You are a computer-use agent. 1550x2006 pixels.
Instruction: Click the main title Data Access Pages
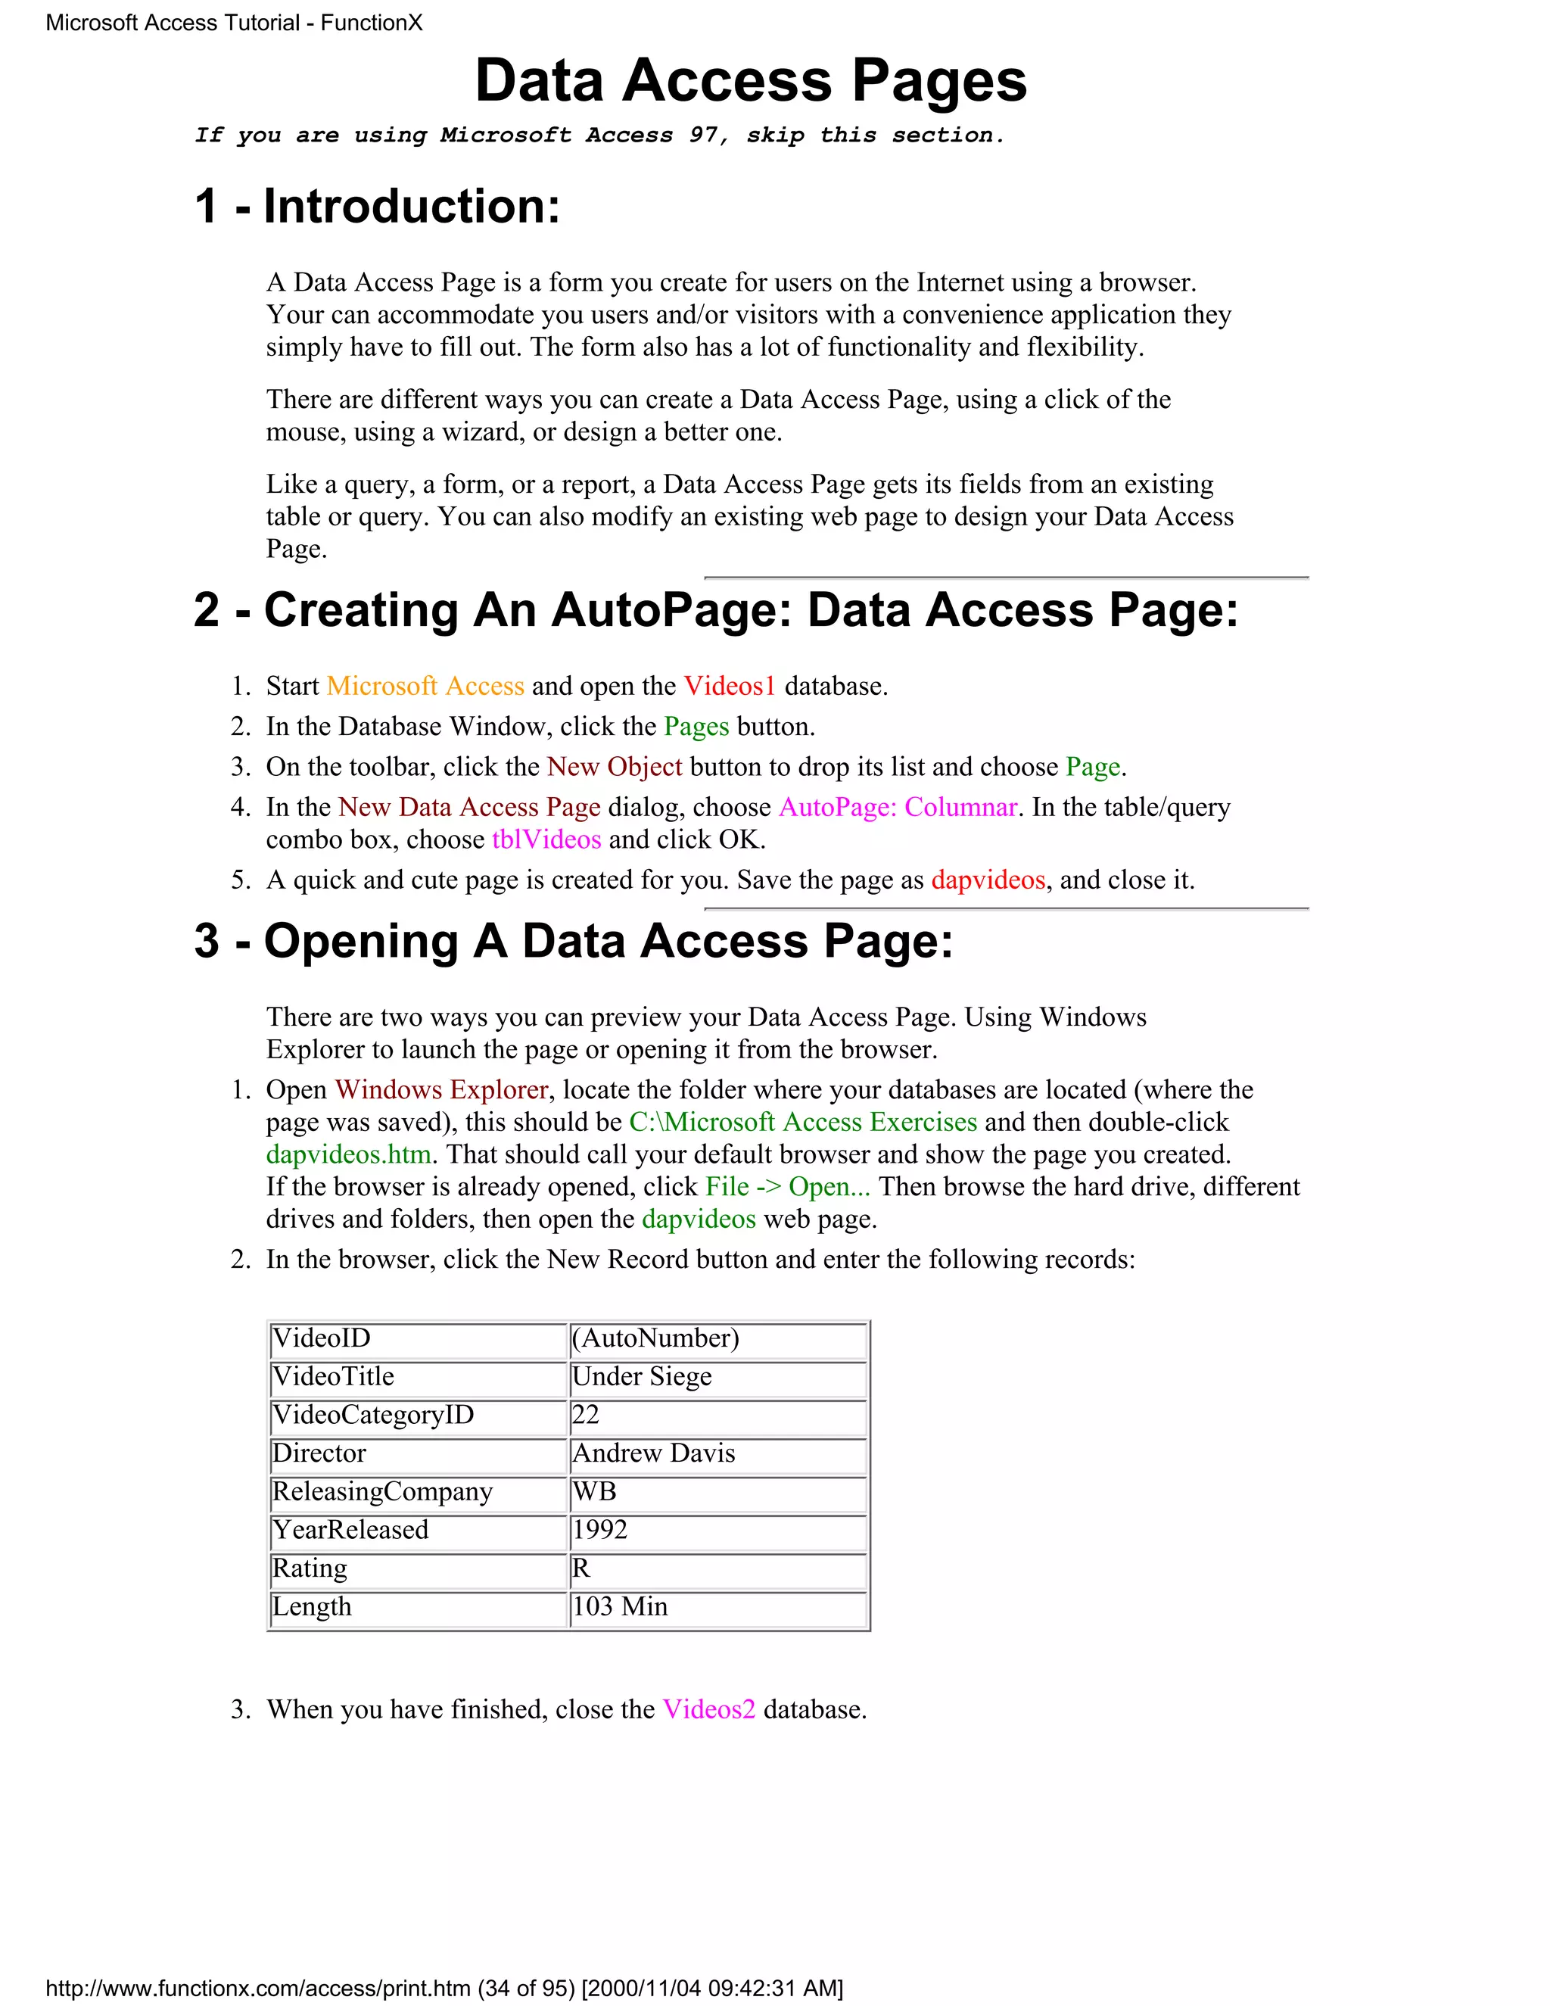[x=750, y=81]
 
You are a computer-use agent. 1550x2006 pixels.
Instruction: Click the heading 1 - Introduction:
[x=376, y=206]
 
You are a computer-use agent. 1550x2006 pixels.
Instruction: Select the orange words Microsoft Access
[x=425, y=686]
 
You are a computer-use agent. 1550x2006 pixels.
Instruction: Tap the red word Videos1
[x=730, y=686]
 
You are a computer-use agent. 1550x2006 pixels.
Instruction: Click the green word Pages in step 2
[x=696, y=727]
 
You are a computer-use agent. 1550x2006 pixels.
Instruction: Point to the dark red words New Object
[x=615, y=767]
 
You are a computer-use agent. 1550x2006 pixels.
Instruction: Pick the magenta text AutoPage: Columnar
[x=897, y=808]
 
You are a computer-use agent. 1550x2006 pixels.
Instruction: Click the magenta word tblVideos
[x=546, y=839]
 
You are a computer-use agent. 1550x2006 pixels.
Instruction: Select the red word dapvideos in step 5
[x=988, y=880]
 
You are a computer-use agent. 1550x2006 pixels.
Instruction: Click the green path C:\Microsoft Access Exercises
[x=802, y=1122]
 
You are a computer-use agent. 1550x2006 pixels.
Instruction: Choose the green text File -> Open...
[x=787, y=1187]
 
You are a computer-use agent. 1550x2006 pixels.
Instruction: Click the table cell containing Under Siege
[x=718, y=1377]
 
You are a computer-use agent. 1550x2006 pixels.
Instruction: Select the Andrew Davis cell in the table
[x=718, y=1453]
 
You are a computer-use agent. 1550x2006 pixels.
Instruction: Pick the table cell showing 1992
[x=718, y=1529]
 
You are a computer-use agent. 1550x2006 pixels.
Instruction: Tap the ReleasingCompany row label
[x=418, y=1492]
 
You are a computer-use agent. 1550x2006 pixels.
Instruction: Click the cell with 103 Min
[x=718, y=1606]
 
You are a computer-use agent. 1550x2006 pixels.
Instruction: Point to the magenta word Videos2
[x=709, y=1709]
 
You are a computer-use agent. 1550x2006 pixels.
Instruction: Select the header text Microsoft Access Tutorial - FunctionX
[x=234, y=23]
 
